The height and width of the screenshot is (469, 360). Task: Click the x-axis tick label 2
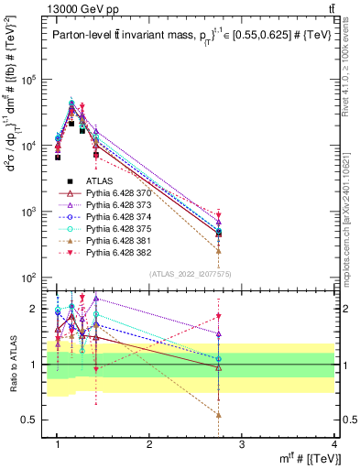click(150, 444)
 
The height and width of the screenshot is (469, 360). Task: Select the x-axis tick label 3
click(243, 444)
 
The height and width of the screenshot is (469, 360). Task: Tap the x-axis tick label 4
click(334, 444)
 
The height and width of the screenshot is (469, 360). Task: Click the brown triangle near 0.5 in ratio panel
click(219, 414)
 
